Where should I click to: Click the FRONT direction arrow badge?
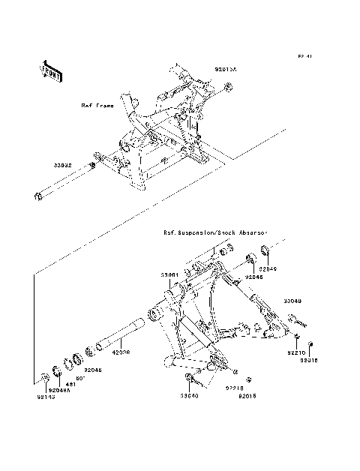(x=50, y=70)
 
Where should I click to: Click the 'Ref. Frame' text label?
(x=97, y=106)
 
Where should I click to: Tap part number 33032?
(x=62, y=164)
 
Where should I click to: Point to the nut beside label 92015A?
(x=226, y=90)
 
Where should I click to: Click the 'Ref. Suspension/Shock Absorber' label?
(x=215, y=232)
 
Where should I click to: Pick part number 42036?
(x=121, y=350)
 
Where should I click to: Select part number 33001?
(x=169, y=275)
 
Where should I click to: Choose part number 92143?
(x=46, y=396)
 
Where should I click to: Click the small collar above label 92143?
(x=45, y=377)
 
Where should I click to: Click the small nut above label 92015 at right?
(x=311, y=346)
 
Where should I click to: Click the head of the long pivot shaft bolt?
(x=37, y=197)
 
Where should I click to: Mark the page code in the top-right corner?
(x=304, y=56)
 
